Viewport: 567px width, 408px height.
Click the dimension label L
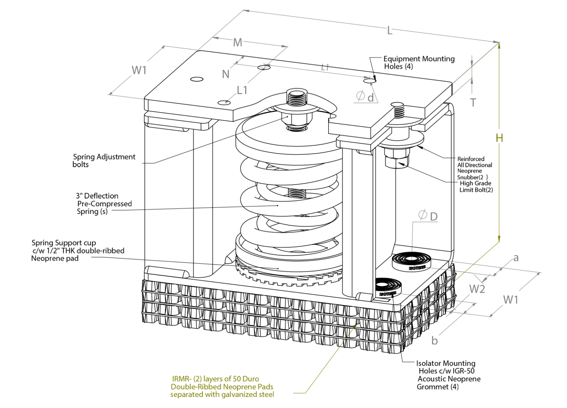click(389, 31)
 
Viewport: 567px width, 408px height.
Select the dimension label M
click(237, 43)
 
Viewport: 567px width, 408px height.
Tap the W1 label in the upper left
click(139, 70)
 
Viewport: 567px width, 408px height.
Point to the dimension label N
click(226, 75)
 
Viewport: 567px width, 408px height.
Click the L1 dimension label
click(242, 90)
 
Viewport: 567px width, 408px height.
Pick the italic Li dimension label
click(324, 68)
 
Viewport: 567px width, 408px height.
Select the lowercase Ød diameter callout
click(365, 97)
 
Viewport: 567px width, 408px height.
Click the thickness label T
click(473, 103)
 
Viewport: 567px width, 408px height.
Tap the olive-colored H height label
click(499, 138)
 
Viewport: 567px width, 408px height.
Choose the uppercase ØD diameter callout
click(428, 216)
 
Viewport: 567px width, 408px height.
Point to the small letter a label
click(516, 258)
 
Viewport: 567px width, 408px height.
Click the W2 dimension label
click(477, 289)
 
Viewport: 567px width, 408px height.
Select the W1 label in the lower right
click(511, 300)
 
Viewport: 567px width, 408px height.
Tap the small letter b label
click(434, 341)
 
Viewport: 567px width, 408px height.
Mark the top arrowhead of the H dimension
click(499, 45)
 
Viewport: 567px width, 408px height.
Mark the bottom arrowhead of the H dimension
click(499, 239)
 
